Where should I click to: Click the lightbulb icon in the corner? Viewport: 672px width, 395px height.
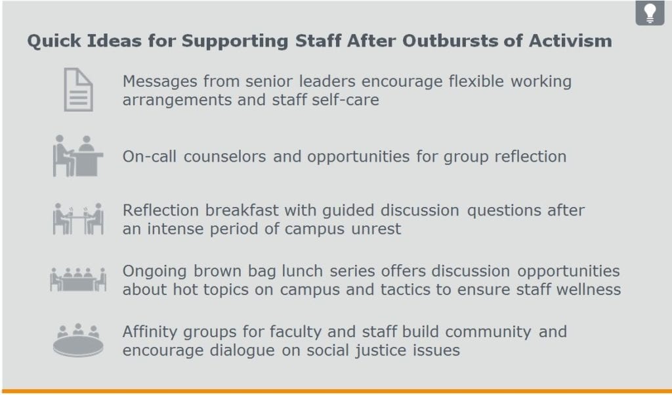click(x=650, y=12)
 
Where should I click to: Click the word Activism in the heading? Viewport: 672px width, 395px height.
click(x=570, y=41)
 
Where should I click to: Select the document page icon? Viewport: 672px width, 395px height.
click(x=79, y=90)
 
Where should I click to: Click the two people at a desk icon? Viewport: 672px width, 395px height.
click(x=77, y=156)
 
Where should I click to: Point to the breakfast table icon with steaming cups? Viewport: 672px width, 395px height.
click(x=78, y=219)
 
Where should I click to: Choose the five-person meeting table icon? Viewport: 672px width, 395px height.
click(x=78, y=279)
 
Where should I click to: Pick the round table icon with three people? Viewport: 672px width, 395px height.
click(x=78, y=340)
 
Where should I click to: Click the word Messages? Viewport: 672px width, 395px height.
click(x=160, y=81)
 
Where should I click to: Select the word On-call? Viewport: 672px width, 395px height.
click(x=149, y=156)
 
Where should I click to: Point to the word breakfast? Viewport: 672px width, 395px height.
click(x=242, y=210)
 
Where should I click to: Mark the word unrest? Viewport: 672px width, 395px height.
click(x=376, y=229)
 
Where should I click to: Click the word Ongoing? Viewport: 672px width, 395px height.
click(x=154, y=272)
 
